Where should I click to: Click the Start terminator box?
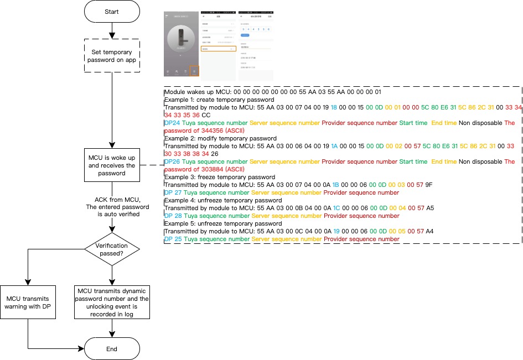pyautogui.click(x=111, y=12)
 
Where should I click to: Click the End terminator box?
pyautogui.click(x=111, y=349)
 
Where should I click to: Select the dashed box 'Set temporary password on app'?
pyautogui.click(x=111, y=56)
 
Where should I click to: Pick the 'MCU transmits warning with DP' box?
pyautogui.click(x=28, y=302)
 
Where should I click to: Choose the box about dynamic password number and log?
pyautogui.click(x=112, y=302)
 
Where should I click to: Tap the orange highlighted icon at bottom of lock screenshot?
pyautogui.click(x=194, y=71)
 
